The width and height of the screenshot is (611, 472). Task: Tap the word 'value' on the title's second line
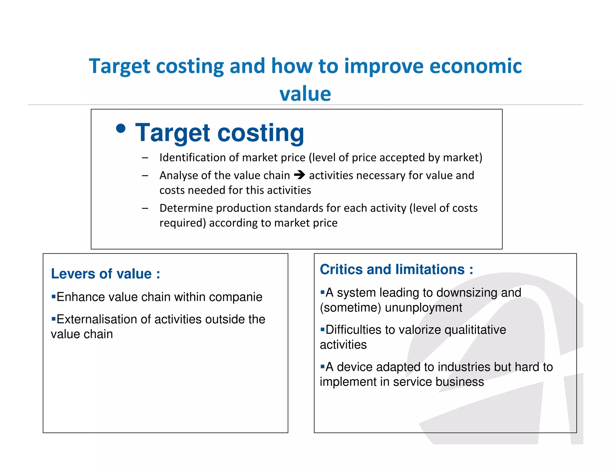coord(305,94)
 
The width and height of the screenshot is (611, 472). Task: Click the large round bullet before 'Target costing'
coord(121,129)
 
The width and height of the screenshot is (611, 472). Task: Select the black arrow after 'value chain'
coord(299,175)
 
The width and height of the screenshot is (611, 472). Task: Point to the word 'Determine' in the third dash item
coord(186,208)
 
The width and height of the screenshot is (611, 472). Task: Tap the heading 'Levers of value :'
coord(106,274)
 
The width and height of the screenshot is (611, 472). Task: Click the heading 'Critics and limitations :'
coord(396,269)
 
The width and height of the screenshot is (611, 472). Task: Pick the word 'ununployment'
coord(423,308)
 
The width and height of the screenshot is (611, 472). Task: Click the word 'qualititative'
coord(475,330)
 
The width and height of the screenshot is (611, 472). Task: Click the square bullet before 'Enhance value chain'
coord(54,297)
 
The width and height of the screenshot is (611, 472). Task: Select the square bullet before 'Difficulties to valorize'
coord(323,330)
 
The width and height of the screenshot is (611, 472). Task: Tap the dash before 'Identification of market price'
coord(145,158)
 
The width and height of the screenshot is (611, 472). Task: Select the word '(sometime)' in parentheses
coord(351,308)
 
